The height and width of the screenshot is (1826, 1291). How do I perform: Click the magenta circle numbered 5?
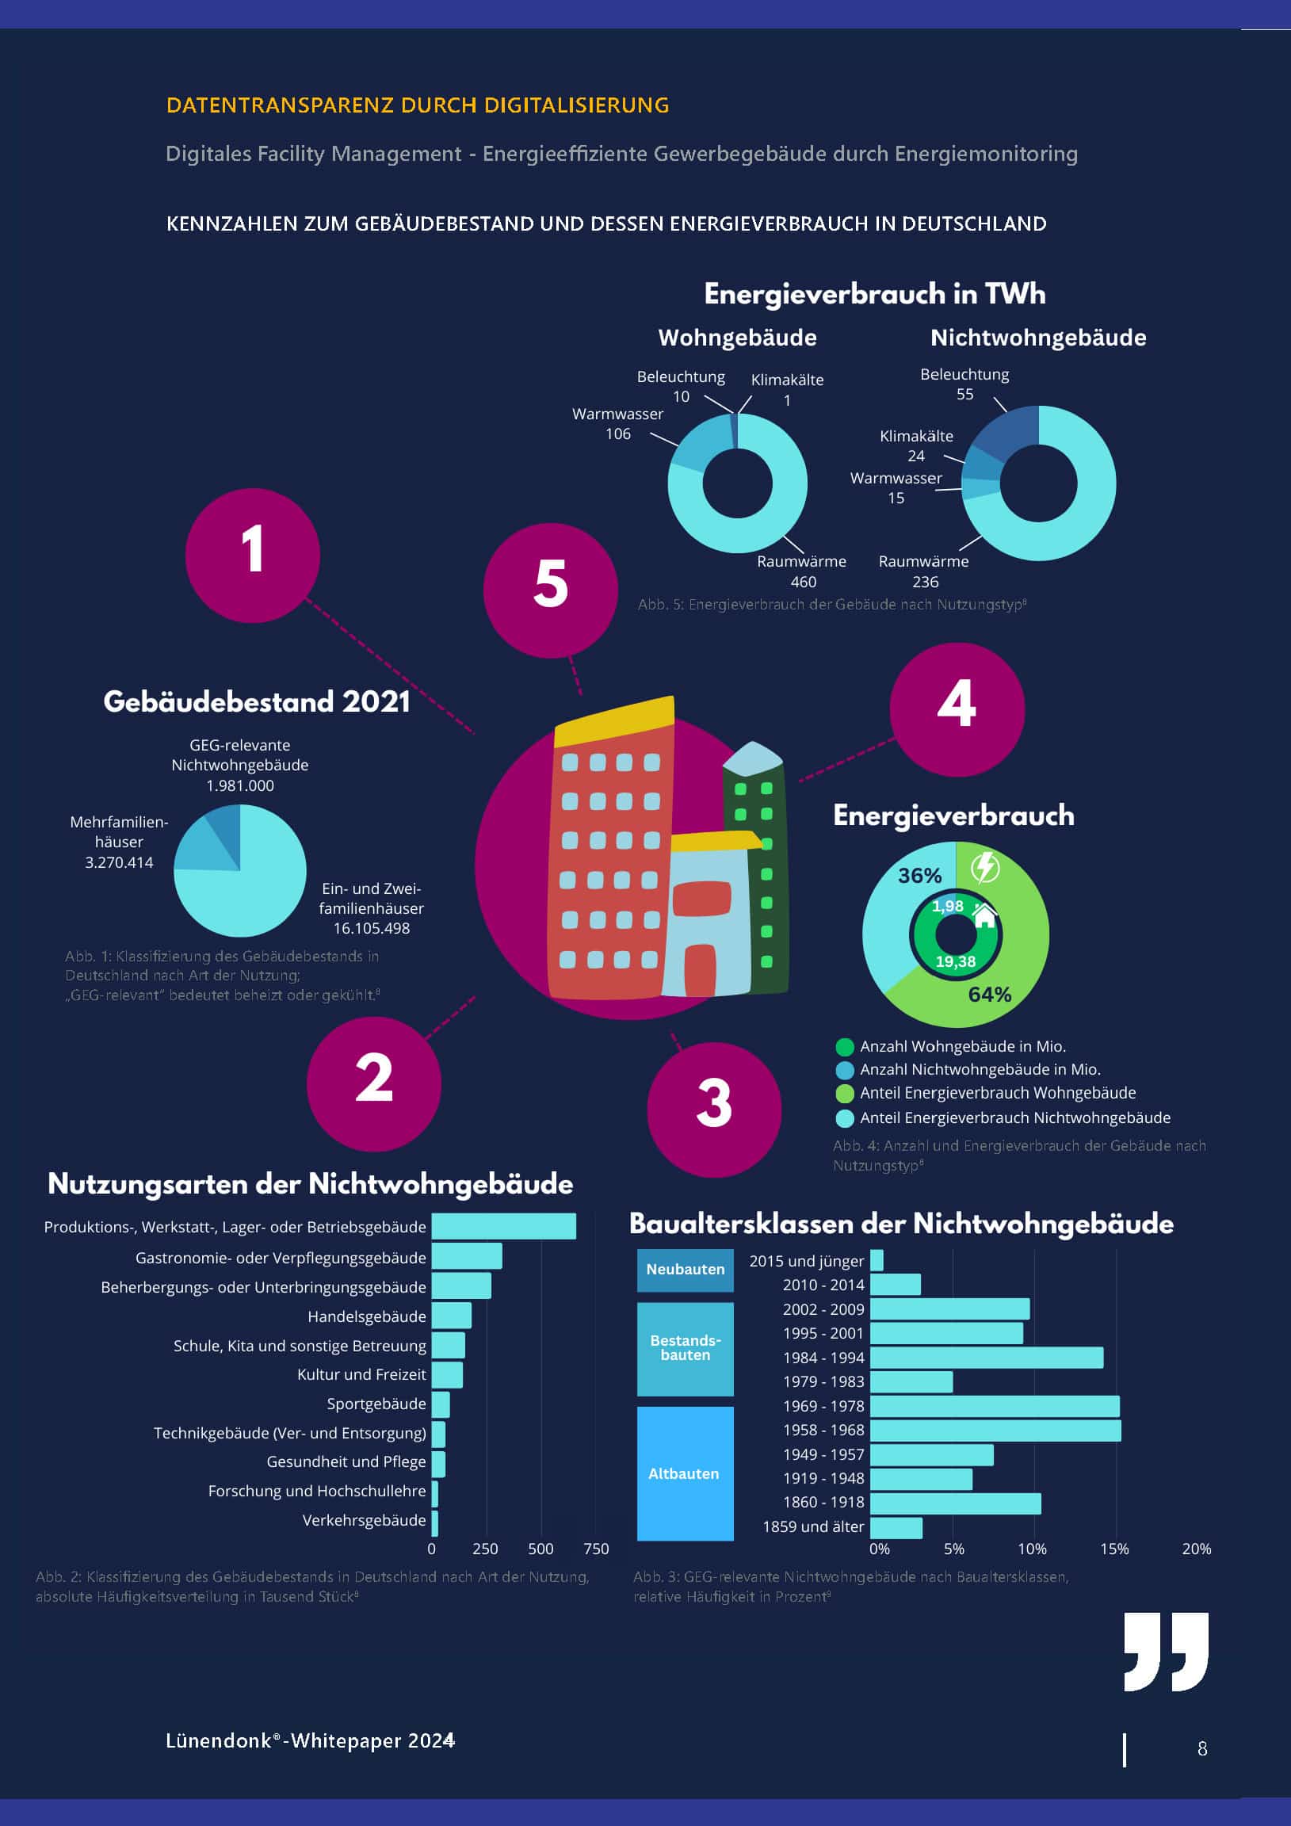click(x=551, y=590)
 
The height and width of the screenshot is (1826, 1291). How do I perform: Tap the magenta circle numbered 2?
click(x=374, y=1083)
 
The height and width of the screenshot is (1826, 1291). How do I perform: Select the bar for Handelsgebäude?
click(x=451, y=1316)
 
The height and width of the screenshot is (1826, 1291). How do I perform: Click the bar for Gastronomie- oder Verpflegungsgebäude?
click(x=466, y=1257)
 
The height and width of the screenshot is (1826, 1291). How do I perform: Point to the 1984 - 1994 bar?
click(x=987, y=1358)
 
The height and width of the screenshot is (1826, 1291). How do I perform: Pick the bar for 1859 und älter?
click(x=896, y=1528)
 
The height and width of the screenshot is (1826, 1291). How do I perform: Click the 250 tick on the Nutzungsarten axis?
click(x=485, y=1549)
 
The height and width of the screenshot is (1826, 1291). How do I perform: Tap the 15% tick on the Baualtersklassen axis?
click(x=1113, y=1549)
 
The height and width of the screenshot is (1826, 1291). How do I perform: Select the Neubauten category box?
click(x=685, y=1270)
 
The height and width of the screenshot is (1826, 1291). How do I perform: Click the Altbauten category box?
click(x=685, y=1473)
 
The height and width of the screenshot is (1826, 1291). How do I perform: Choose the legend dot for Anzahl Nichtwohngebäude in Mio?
click(x=845, y=1070)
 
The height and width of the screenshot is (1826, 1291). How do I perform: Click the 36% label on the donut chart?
click(x=919, y=876)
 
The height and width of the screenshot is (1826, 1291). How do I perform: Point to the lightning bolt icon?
click(x=986, y=867)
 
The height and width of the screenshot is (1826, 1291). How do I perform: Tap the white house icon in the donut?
click(x=985, y=915)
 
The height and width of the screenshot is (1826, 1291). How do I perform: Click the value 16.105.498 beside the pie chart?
click(x=372, y=928)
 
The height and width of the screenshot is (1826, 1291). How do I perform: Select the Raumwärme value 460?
click(x=804, y=582)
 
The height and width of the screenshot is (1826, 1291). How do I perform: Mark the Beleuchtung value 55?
click(x=964, y=395)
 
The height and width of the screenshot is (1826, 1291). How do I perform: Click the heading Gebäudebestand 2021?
click(x=257, y=701)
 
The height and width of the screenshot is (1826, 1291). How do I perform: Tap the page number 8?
click(x=1202, y=1749)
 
